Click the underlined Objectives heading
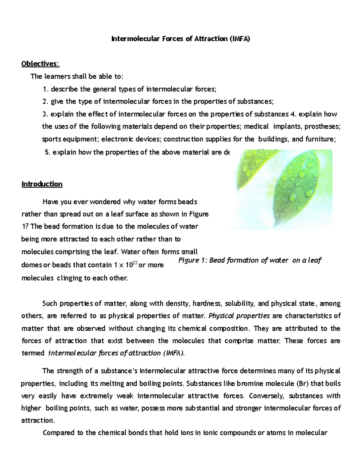[x=40, y=64]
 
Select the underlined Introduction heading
[x=42, y=184]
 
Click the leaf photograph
[x=281, y=189]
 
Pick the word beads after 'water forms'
[x=187, y=202]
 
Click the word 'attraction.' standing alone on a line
[x=38, y=420]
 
